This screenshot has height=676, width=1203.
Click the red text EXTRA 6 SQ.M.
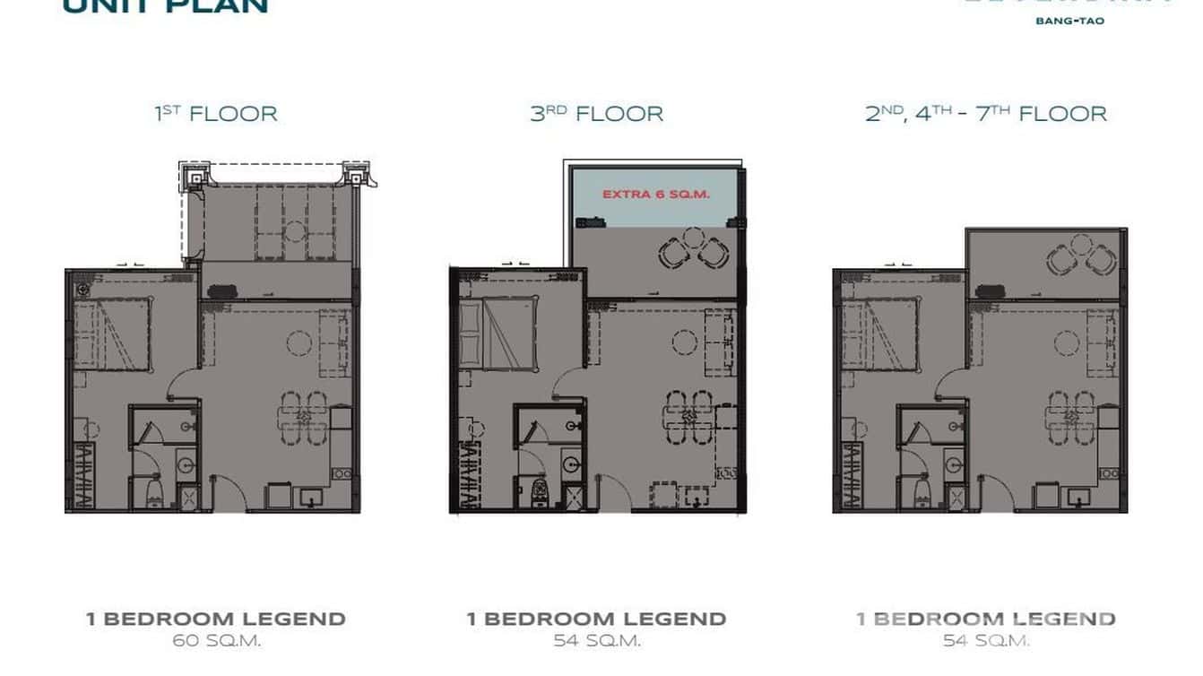[x=655, y=194]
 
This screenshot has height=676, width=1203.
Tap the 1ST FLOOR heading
[x=216, y=114]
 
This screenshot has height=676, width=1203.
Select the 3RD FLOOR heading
[x=596, y=114]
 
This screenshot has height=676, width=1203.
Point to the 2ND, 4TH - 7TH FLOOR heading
[x=985, y=114]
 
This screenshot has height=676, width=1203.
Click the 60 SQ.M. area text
[x=216, y=640]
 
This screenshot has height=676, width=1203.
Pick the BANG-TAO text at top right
[x=1070, y=21]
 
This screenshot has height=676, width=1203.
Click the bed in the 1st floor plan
[x=111, y=334]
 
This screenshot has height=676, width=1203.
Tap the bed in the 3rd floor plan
[x=498, y=334]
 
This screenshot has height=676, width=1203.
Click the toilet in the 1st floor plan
[x=154, y=490]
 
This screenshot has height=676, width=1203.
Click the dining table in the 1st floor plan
[x=304, y=415]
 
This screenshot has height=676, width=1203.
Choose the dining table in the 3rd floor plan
[x=688, y=415]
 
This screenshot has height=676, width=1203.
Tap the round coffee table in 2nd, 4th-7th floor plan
[x=1067, y=342]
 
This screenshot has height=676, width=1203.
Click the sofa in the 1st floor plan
[x=335, y=342]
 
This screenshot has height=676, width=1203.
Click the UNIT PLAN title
[x=165, y=7]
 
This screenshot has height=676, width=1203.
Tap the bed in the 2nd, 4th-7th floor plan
[x=879, y=334]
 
